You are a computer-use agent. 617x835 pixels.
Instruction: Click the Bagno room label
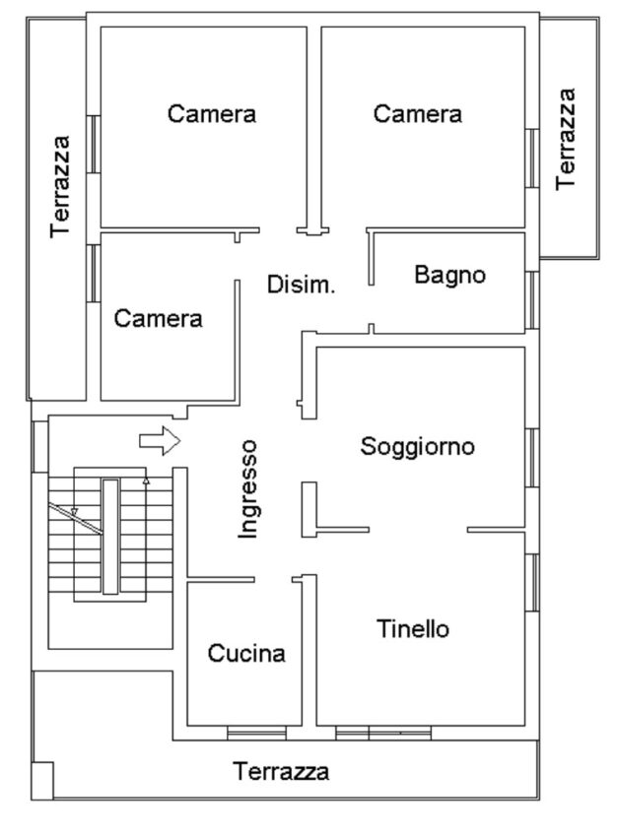tap(449, 275)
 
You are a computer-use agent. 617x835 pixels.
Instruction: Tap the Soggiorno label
tap(418, 446)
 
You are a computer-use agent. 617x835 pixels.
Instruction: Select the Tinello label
tap(413, 628)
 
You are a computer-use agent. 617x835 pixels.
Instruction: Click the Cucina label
tap(246, 653)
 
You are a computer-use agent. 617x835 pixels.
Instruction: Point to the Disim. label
tap(302, 287)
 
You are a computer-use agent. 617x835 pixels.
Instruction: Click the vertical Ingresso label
tap(248, 488)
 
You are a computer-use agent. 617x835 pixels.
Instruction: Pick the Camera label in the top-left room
tap(212, 114)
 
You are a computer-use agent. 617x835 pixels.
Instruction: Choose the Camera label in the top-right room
tap(418, 114)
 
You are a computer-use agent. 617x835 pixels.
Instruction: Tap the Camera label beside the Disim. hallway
tap(159, 318)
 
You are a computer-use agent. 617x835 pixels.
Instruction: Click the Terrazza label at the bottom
tap(281, 771)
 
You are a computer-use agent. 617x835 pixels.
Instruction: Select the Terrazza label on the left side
tap(62, 185)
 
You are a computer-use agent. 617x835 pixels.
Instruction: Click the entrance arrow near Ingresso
tap(159, 441)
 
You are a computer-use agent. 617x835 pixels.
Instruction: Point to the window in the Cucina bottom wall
tap(256, 734)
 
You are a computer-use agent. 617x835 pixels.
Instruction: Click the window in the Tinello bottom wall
tap(383, 734)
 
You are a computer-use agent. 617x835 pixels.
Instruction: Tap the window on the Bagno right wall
tap(532, 298)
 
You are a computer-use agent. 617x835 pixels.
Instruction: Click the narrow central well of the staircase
tap(110, 536)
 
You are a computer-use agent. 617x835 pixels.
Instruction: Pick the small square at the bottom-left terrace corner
tap(42, 779)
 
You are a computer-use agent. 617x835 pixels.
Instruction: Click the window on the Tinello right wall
tap(532, 582)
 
